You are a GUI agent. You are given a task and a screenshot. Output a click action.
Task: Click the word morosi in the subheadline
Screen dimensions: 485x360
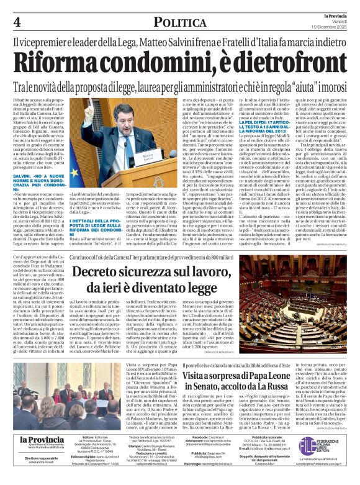pyautogui.click(x=333, y=88)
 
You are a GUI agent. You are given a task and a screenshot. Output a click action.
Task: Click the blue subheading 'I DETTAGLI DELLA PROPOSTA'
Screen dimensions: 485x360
pyautogui.click(x=103, y=221)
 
